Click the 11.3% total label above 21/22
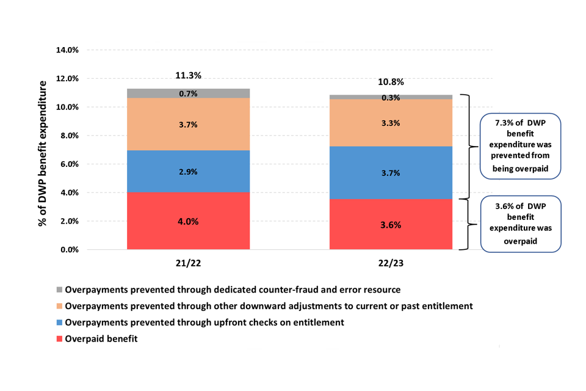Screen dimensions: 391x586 coord(187,76)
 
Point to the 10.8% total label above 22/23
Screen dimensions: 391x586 coord(390,82)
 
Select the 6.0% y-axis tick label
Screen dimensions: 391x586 coord(67,164)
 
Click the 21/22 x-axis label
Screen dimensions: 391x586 coord(188,263)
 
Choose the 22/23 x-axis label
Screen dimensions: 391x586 coord(390,263)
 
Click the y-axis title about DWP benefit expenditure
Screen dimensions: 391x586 coord(43,153)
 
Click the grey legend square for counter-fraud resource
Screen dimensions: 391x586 coord(59,290)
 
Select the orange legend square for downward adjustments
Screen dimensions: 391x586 coord(59,306)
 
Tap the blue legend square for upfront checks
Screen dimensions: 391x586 coord(59,323)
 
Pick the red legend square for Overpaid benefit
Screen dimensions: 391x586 coord(59,339)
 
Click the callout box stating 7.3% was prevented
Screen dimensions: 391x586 coord(521,146)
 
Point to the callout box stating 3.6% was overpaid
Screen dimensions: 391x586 coord(521,224)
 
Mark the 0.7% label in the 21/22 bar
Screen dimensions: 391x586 coord(188,93)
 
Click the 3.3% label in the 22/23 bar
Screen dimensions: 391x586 coord(390,123)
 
